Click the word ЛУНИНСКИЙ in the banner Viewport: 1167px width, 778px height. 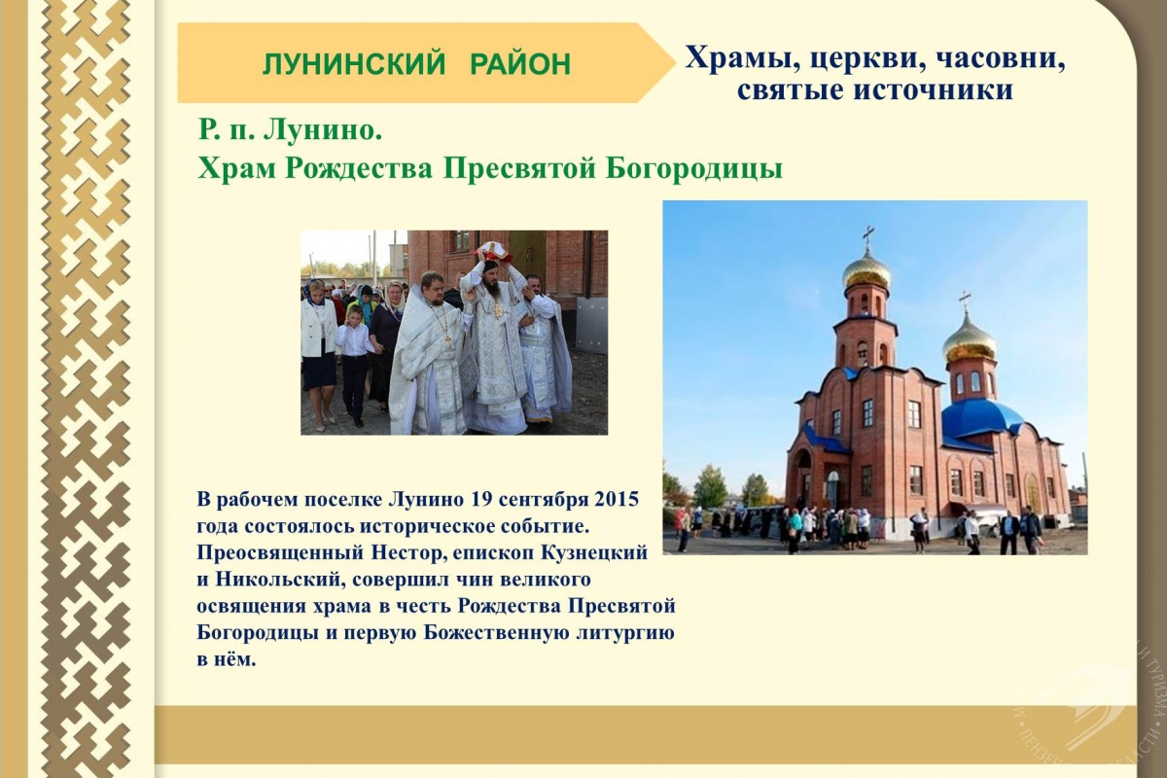354,64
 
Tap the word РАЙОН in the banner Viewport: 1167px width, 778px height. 520,64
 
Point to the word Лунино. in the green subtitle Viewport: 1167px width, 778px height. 323,130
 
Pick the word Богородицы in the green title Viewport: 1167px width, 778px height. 694,169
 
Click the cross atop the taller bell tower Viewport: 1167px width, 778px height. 867,238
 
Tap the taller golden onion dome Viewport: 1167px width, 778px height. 866,271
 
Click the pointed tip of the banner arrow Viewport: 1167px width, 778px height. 675,62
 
